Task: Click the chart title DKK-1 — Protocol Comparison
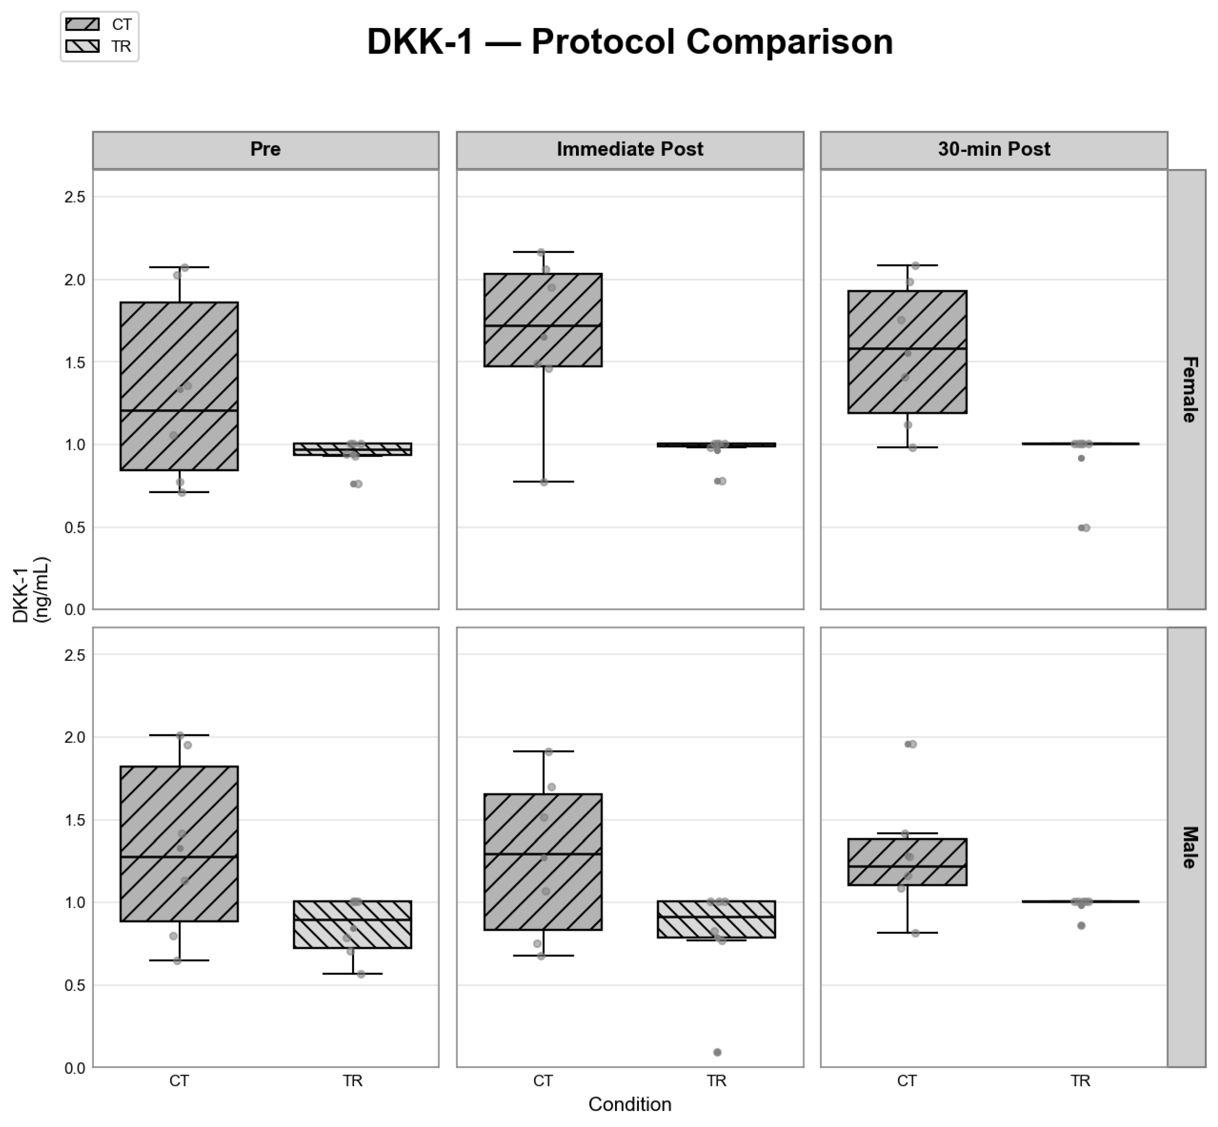[x=630, y=42]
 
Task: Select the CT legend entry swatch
[x=82, y=24]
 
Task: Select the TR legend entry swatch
[x=82, y=46]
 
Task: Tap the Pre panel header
[x=265, y=150]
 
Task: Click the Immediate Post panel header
[x=630, y=150]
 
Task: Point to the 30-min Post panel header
[x=994, y=150]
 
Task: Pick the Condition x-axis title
[x=630, y=1104]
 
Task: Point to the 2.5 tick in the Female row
[x=74, y=197]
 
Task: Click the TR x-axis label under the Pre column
[x=352, y=1081]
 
